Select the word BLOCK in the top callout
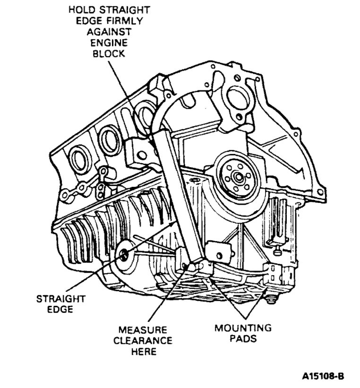(107, 53)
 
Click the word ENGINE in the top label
(107, 43)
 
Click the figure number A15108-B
(323, 377)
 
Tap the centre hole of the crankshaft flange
(236, 178)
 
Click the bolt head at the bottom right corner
(271, 298)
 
